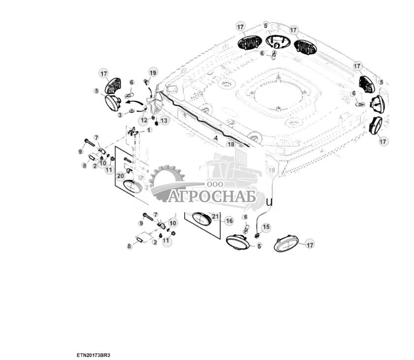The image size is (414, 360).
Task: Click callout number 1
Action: pos(149,131)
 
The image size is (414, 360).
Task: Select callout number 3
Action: pos(120,115)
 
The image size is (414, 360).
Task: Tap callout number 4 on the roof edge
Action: pos(215,138)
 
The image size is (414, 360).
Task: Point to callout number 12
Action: pos(143,120)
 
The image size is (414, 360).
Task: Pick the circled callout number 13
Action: pos(163,120)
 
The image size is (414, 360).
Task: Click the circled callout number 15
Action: pos(265,227)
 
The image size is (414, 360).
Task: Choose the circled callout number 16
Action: pos(229,221)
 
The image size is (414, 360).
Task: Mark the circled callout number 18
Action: pos(230,144)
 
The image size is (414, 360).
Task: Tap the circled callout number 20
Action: pos(121,176)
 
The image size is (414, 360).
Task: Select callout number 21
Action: pos(215,216)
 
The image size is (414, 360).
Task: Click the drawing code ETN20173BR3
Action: pos(93,355)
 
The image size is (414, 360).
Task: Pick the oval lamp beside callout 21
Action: pos(199,218)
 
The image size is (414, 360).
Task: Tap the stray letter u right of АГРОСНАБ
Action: pos(269,201)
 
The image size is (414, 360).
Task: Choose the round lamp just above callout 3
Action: pos(114,102)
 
